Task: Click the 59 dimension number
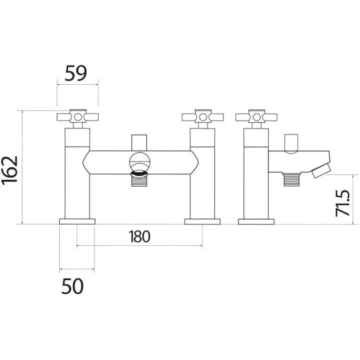pyautogui.click(x=76, y=73)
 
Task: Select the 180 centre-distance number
pyautogui.click(x=139, y=236)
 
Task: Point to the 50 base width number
pyautogui.click(x=72, y=286)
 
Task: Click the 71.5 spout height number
pyautogui.click(x=343, y=201)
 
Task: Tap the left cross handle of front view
pyautogui.click(x=77, y=116)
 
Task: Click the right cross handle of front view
pyautogui.click(x=202, y=116)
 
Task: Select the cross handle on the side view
pyautogui.click(x=256, y=116)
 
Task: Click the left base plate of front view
pyautogui.click(x=77, y=221)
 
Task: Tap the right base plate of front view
pyautogui.click(x=202, y=221)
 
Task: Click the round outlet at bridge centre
pyautogui.click(x=140, y=162)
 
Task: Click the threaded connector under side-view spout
pyautogui.click(x=291, y=180)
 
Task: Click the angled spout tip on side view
pyautogui.click(x=321, y=171)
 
